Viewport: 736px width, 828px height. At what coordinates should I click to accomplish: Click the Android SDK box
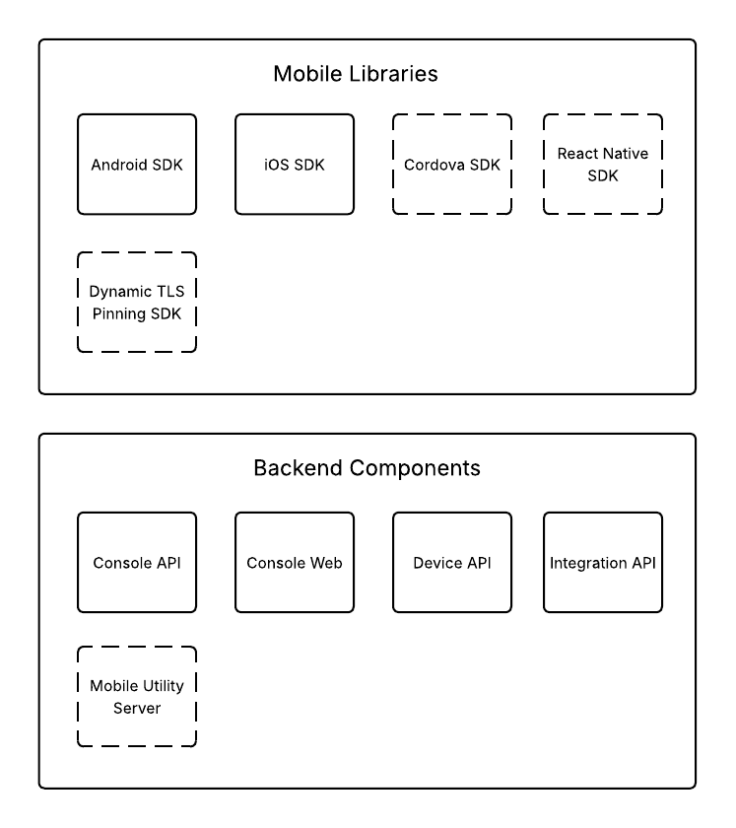coord(137,164)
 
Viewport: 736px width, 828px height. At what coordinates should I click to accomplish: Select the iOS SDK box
coord(294,164)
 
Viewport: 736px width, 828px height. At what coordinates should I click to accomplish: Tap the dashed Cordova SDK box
coord(452,164)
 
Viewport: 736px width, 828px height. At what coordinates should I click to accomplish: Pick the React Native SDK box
coord(602,164)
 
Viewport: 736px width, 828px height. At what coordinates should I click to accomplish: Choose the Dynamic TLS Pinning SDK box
coord(137,303)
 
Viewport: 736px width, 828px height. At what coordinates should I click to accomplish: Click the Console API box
coord(137,563)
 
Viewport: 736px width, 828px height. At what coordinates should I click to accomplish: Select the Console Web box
coord(294,563)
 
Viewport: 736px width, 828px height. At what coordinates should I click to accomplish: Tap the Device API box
coord(452,563)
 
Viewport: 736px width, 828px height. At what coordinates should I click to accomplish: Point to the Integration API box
coord(602,563)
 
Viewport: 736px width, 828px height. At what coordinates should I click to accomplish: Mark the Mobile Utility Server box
coord(137,697)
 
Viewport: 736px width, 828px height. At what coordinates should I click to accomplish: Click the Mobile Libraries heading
coord(356,74)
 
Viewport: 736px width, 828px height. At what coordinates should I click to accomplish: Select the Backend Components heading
coord(368,468)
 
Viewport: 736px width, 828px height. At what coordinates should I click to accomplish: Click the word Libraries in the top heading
coord(397,74)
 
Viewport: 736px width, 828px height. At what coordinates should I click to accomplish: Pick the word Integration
coord(588,564)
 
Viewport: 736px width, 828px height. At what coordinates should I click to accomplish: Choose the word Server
coord(137,709)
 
